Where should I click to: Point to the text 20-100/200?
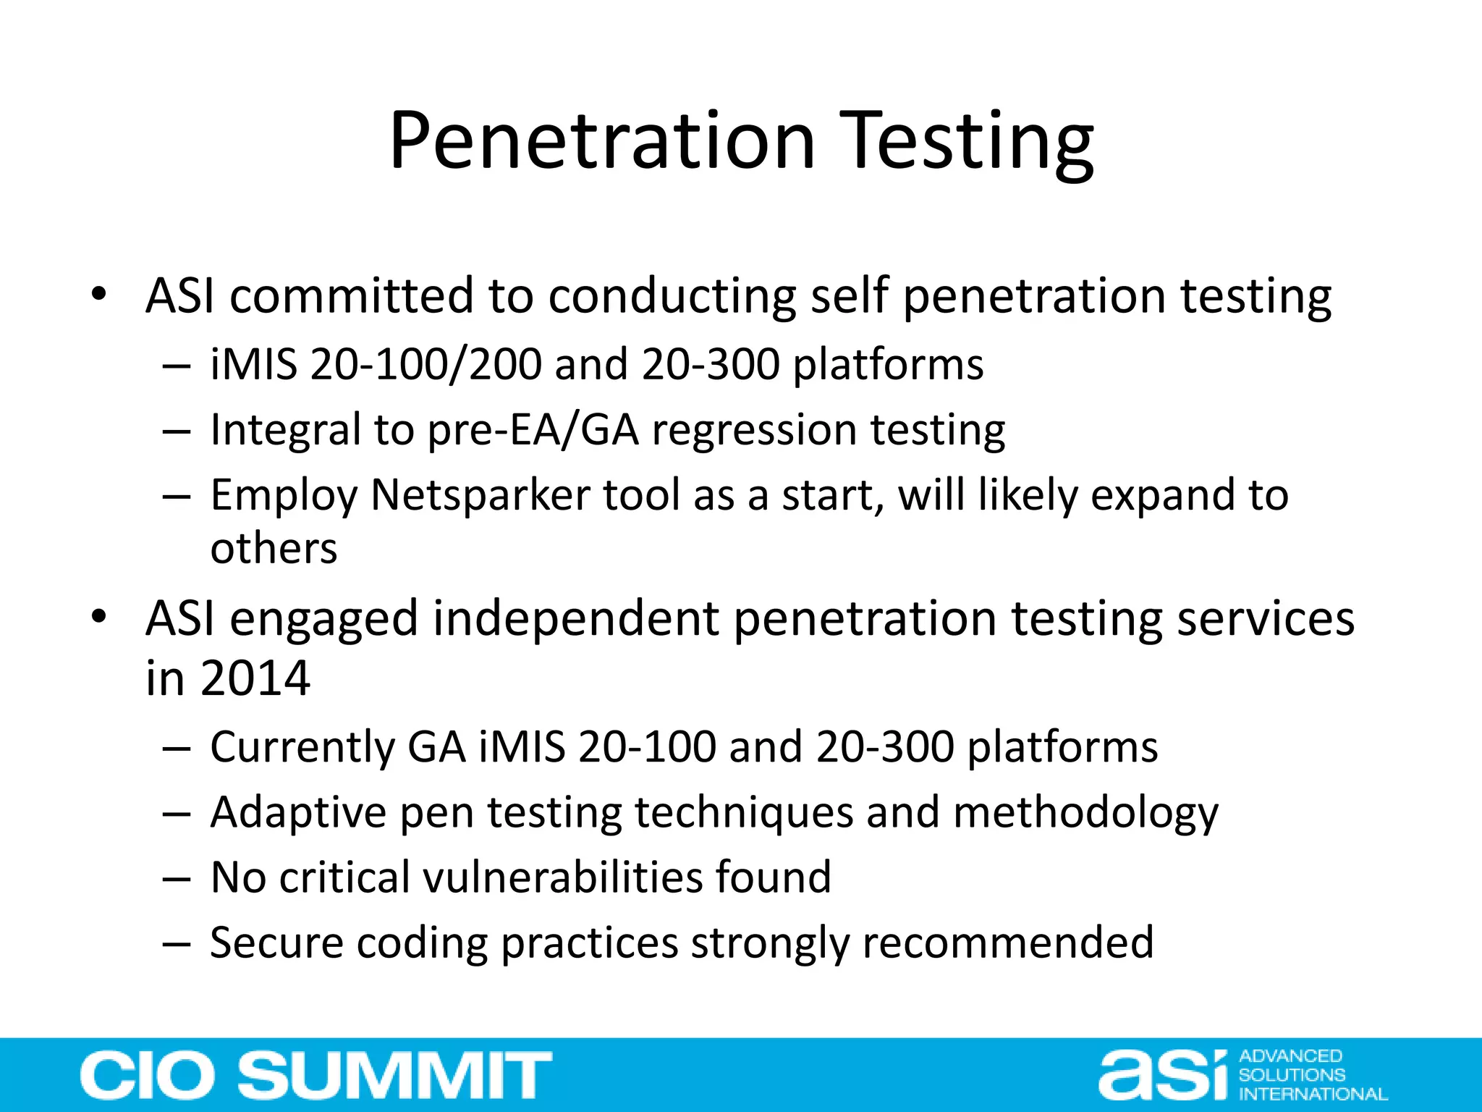point(425,363)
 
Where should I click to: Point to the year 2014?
point(255,678)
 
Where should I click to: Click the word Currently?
point(302,747)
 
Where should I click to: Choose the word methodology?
point(1085,812)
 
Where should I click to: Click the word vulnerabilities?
point(564,877)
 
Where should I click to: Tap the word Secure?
point(276,943)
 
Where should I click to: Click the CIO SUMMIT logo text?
point(316,1075)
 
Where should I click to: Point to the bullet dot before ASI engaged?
point(99,617)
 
